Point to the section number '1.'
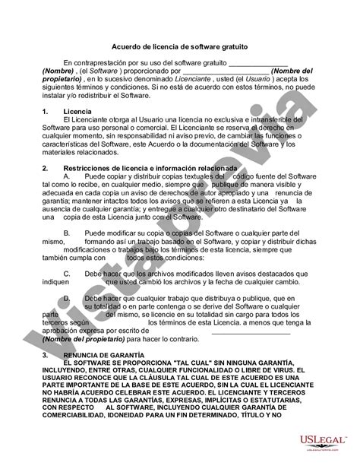pyautogui.click(x=48, y=112)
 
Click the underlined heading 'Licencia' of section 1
pyautogui.click(x=78, y=112)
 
